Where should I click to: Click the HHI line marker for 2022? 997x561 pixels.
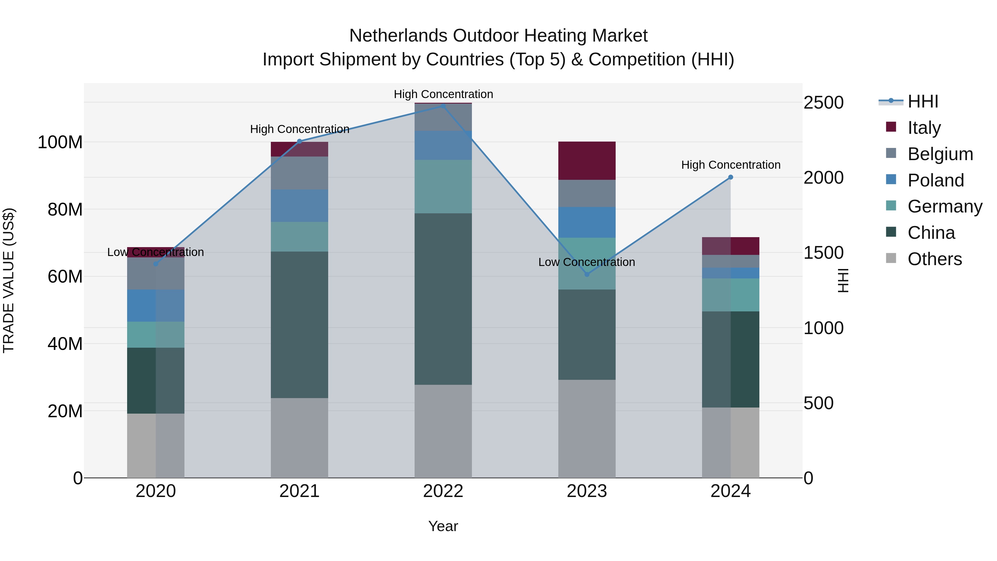[443, 106]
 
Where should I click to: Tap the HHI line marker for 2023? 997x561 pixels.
[587, 274]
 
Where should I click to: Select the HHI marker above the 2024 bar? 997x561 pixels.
[730, 177]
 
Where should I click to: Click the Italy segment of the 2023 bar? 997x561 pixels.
[587, 161]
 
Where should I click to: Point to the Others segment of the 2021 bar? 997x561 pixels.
[299, 437]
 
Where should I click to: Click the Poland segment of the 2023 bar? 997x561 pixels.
[587, 222]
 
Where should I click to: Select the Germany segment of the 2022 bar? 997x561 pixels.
[443, 187]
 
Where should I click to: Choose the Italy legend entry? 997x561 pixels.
[924, 127]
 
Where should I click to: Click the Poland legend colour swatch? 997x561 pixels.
[891, 179]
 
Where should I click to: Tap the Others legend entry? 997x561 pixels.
[934, 259]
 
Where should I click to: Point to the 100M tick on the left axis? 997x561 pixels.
[60, 142]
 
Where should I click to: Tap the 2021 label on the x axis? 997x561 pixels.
[299, 491]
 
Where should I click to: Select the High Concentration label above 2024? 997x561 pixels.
[730, 165]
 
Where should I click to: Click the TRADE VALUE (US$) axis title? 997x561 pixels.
[9, 280]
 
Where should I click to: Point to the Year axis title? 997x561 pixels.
[443, 526]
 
